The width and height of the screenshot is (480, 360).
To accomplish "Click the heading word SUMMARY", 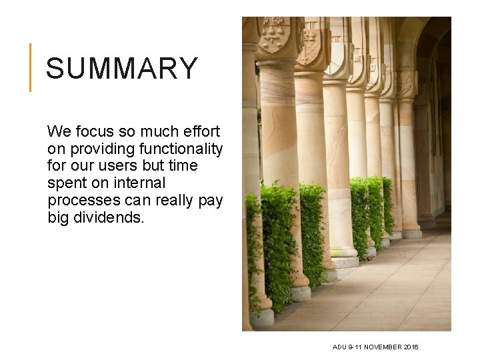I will tap(122, 68).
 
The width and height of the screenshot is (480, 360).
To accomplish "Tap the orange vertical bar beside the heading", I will tap(30, 67).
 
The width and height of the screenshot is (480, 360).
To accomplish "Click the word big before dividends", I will tap(59, 217).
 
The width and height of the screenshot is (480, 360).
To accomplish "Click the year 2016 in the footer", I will tap(410, 347).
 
